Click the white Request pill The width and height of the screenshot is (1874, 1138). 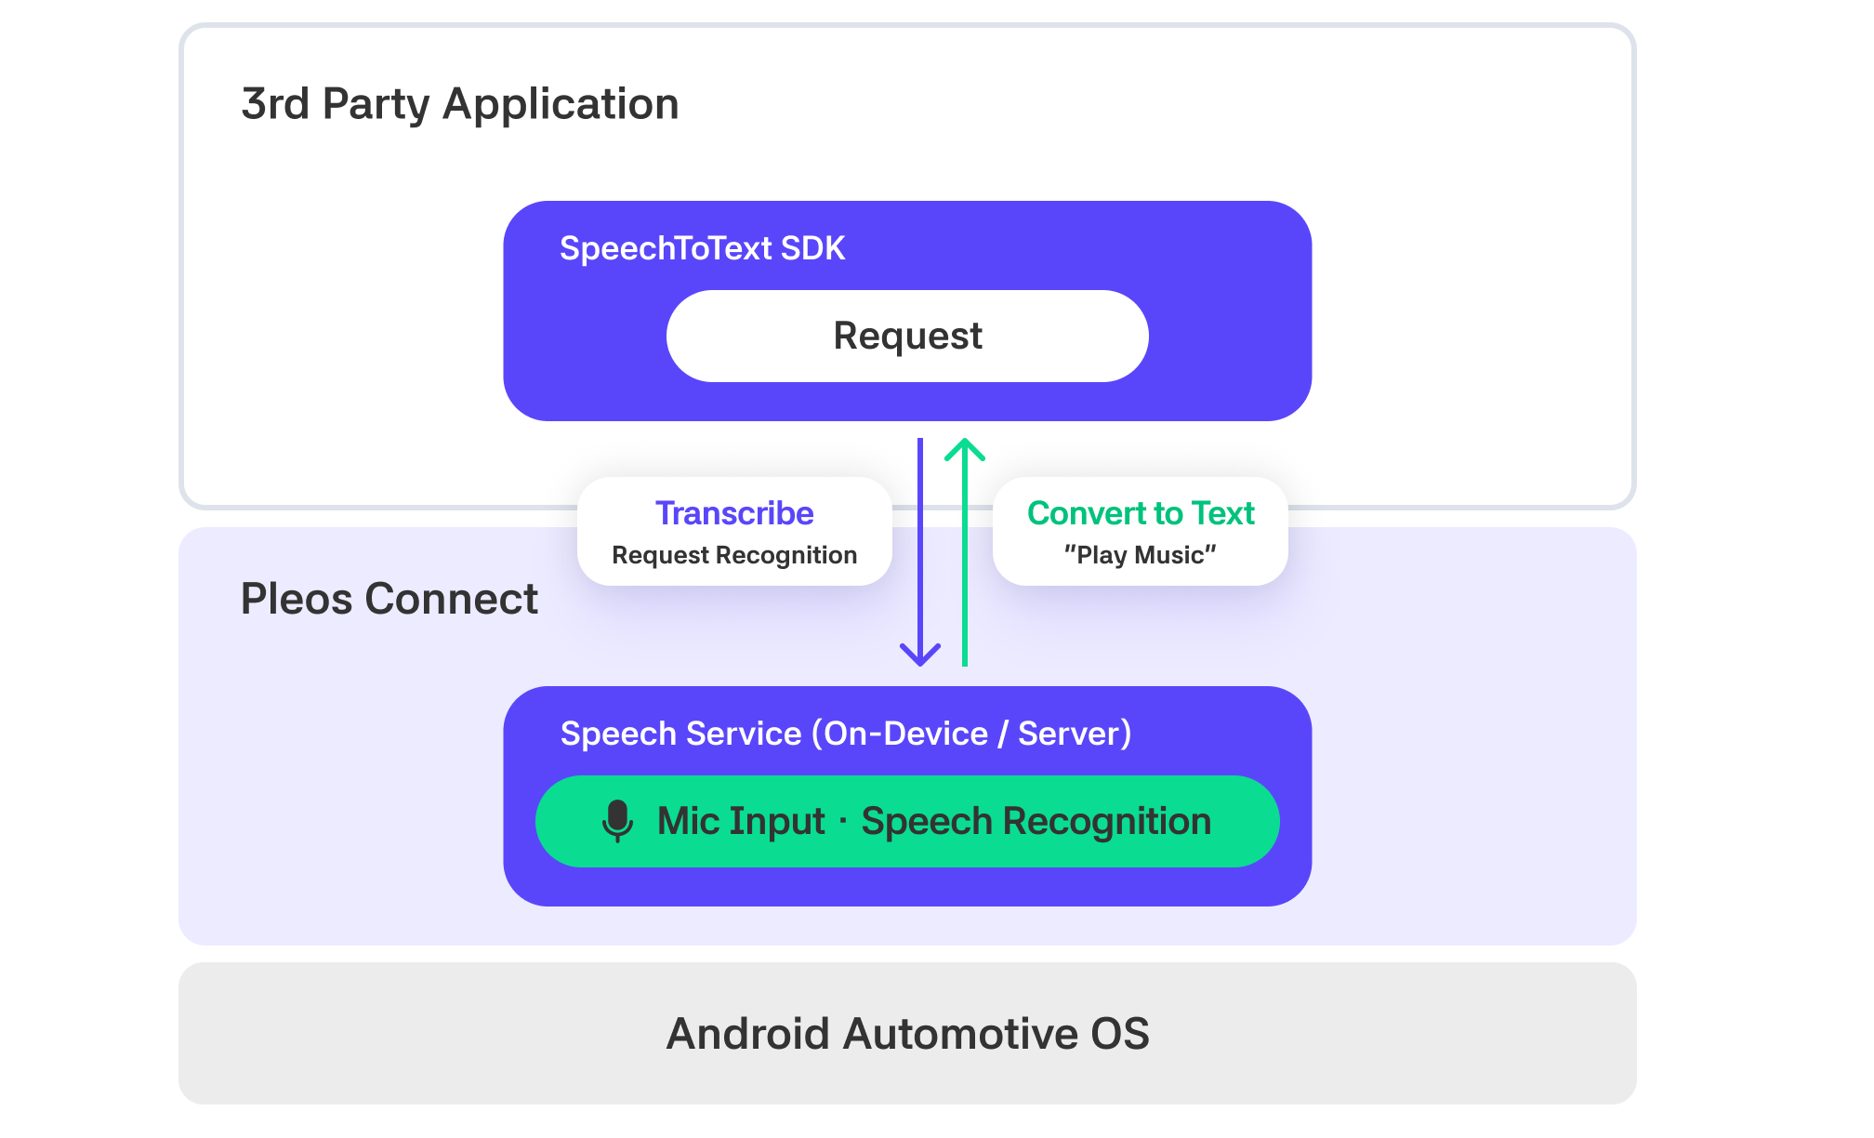pyautogui.click(x=907, y=336)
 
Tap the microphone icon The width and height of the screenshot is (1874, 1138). pyautogui.click(x=617, y=821)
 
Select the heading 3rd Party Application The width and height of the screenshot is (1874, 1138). pyautogui.click(x=460, y=104)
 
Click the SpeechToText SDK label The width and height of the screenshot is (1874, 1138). pyautogui.click(x=702, y=248)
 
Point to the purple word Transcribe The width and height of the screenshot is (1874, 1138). pyautogui.click(x=734, y=513)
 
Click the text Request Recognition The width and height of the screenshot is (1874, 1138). pyautogui.click(x=734, y=555)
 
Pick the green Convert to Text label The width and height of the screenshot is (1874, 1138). pyautogui.click(x=1141, y=513)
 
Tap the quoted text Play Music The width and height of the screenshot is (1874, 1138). pyautogui.click(x=1141, y=555)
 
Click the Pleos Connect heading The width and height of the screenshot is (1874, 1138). pyautogui.click(x=389, y=599)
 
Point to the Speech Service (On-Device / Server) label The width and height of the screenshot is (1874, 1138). pyautogui.click(x=846, y=734)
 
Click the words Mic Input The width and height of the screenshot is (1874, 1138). pyautogui.click(x=741, y=821)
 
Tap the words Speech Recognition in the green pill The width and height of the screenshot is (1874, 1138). pyautogui.click(x=1036, y=821)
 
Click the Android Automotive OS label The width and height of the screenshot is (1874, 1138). pyautogui.click(x=908, y=1034)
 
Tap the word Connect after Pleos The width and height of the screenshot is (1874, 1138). pyautogui.click(x=452, y=599)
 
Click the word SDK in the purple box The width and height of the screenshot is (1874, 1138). pyautogui.click(x=812, y=248)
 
